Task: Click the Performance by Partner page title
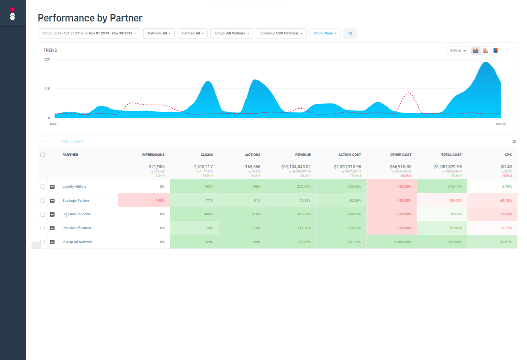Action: point(90,19)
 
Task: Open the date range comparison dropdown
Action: point(89,33)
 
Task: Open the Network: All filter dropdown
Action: point(159,33)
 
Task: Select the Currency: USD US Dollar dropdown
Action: point(281,33)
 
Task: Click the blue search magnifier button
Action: point(350,33)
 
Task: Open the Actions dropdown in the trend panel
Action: point(457,50)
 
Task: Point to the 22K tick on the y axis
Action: point(47,59)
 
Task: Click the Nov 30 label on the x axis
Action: point(500,124)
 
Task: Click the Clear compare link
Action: point(73,141)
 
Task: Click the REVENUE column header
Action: point(303,155)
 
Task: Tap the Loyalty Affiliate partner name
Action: point(75,187)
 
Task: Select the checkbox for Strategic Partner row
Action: point(43,201)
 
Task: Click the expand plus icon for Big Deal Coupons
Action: point(52,214)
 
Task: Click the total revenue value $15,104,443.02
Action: point(295,167)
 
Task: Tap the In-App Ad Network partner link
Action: point(77,242)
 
